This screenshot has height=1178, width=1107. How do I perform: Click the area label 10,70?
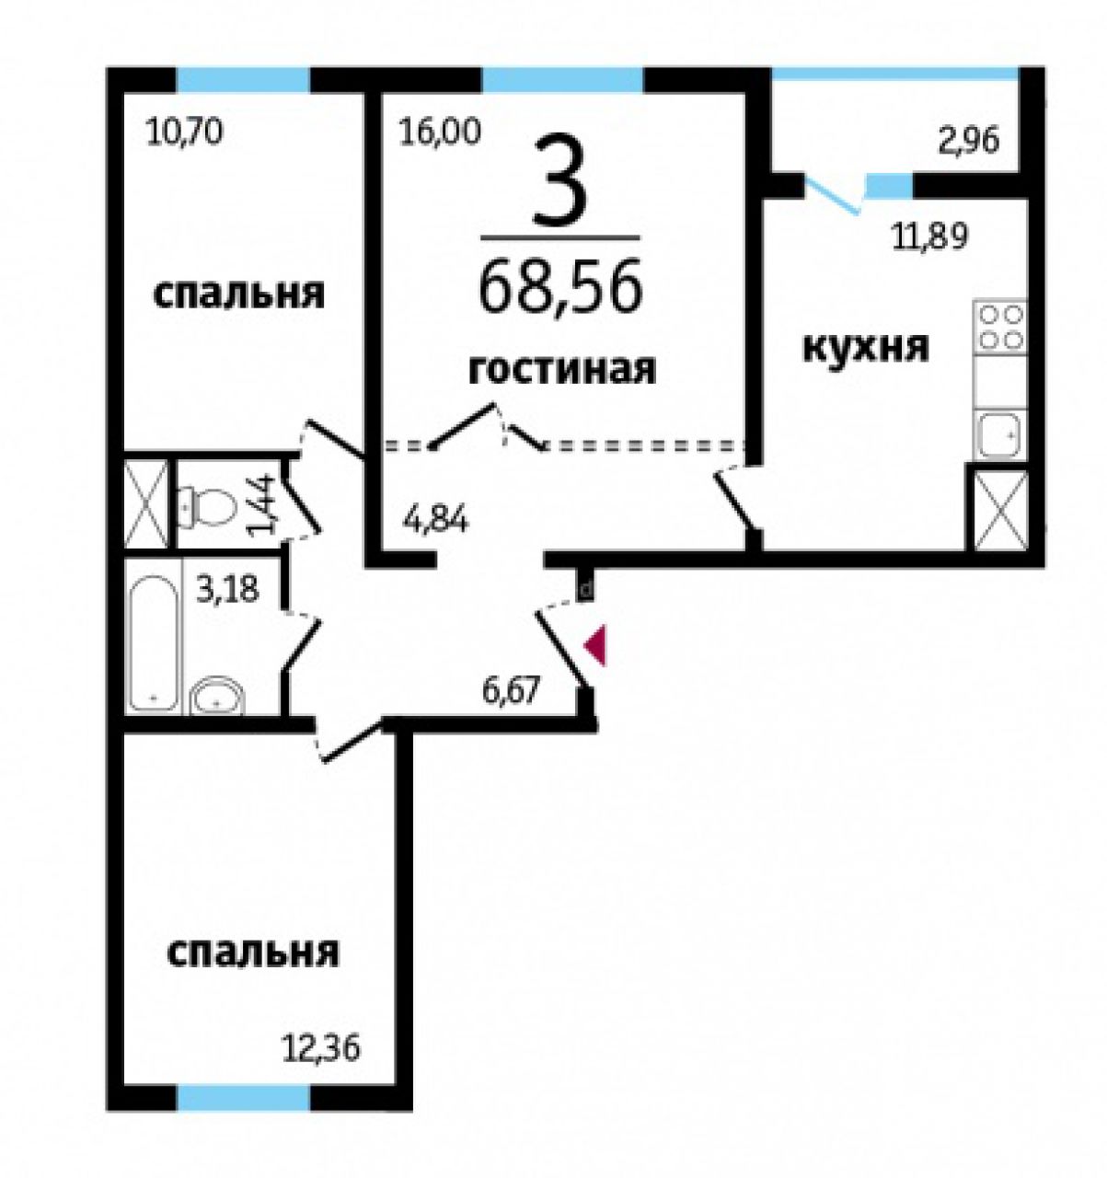(x=184, y=132)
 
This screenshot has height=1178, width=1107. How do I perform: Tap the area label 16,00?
(x=439, y=132)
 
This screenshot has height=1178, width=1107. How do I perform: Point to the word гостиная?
(x=562, y=370)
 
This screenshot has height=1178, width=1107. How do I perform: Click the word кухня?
(x=866, y=347)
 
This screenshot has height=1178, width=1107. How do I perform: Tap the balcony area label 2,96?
(x=968, y=141)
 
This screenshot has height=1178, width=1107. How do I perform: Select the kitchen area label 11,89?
(x=929, y=237)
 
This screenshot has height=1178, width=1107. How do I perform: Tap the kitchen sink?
(x=1000, y=434)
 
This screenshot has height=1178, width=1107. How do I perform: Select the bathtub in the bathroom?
(x=154, y=642)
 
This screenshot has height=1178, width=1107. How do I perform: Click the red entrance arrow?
(x=595, y=646)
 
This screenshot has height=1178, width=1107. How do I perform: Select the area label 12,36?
(x=323, y=1049)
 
